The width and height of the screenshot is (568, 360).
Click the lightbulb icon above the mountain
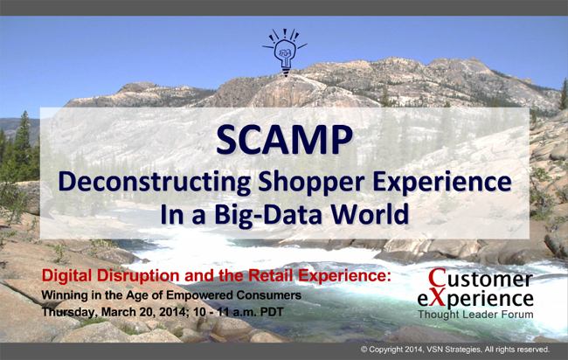point(285,52)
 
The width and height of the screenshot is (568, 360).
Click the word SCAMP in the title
point(284,140)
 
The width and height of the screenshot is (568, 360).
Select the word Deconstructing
point(155,182)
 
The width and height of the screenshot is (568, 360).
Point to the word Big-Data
point(267,214)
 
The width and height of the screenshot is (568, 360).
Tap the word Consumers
point(269,295)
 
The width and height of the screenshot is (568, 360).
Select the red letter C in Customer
point(437,278)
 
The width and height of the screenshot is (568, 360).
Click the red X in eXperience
point(439,298)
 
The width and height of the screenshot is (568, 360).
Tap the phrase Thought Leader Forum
point(475,315)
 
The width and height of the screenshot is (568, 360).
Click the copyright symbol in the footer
point(364,350)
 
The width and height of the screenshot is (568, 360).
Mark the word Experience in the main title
point(442,183)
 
